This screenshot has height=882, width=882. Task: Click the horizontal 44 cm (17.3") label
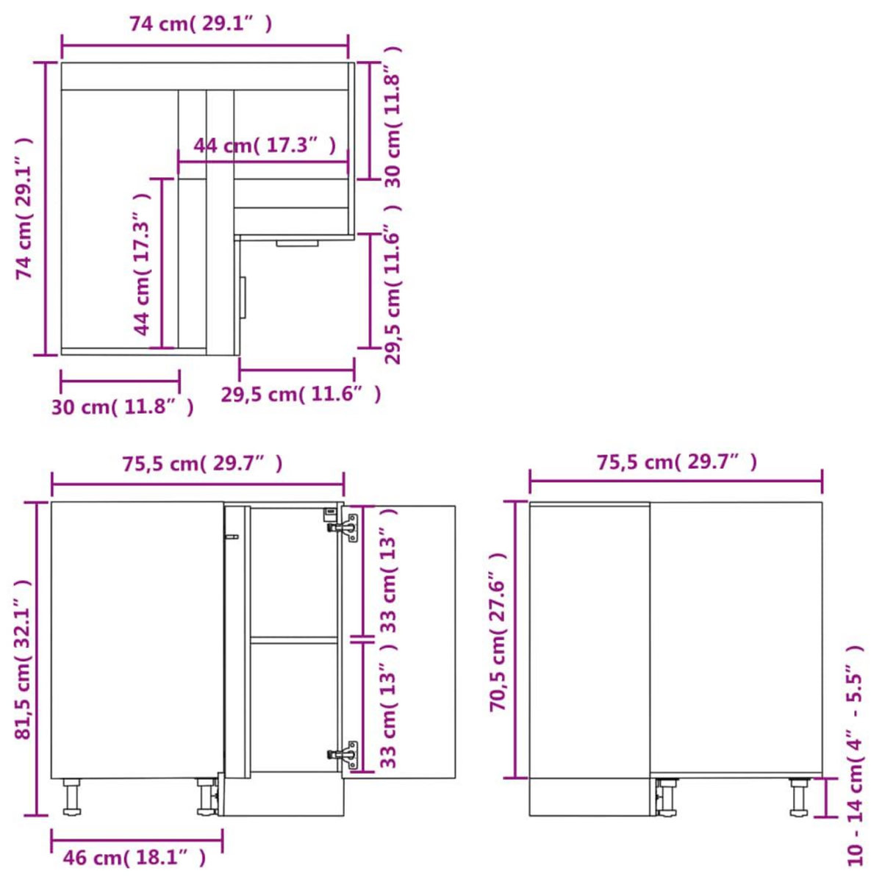point(265,146)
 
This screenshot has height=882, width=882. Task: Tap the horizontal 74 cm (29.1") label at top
point(201,24)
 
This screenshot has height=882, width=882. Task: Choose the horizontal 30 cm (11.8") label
point(123,406)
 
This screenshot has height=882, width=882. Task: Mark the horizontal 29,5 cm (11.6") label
point(301,395)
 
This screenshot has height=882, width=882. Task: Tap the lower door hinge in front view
point(343,754)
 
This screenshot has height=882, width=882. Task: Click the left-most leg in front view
point(71,797)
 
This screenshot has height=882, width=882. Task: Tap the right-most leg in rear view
point(799,797)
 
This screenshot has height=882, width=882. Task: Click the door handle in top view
point(244,297)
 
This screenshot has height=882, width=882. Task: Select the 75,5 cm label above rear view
point(676,462)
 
